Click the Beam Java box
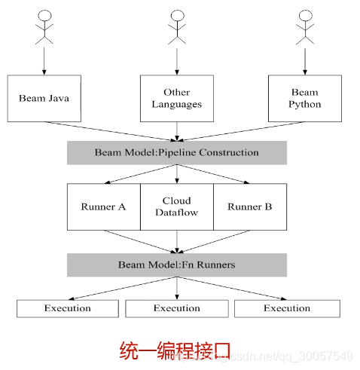(44, 98)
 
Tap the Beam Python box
(304, 98)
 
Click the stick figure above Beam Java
(44, 26)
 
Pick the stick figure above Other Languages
(177, 26)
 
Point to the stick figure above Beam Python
(304, 26)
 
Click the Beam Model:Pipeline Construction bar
(177, 153)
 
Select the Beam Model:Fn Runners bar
(177, 265)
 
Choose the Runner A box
(103, 206)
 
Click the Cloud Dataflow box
(177, 206)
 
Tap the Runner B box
(249, 206)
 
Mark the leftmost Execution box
(67, 308)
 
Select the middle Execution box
(177, 308)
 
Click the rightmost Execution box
(286, 308)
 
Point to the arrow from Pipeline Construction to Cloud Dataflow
(177, 173)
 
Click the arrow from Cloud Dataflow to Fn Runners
(177, 241)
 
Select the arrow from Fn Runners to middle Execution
(177, 288)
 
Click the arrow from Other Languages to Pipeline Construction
(177, 131)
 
